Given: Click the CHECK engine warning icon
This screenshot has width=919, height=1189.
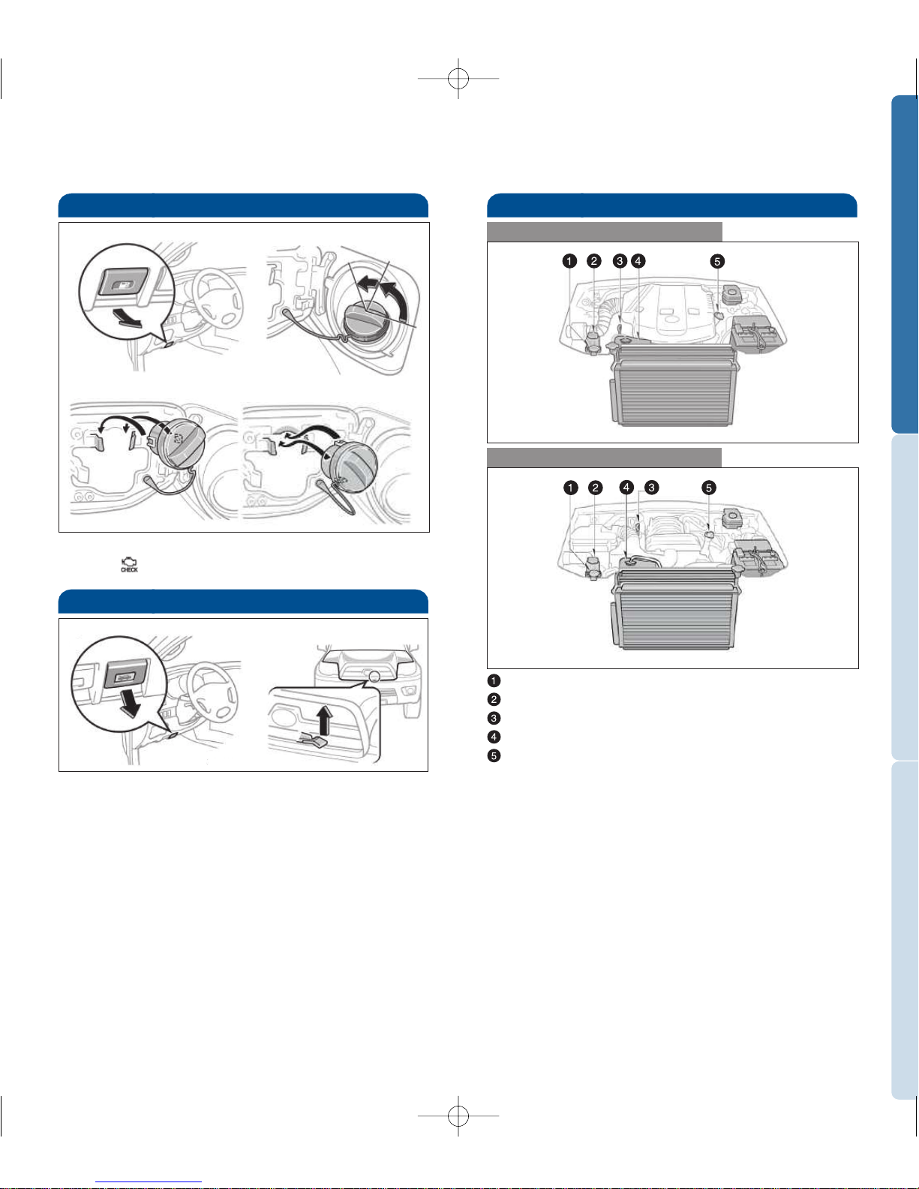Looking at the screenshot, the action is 129,565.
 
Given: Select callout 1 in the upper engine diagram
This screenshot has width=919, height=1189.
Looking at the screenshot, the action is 569,261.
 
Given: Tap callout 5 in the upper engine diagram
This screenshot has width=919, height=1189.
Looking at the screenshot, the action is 717,261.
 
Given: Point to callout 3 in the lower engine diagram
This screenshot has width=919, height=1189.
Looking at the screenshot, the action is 651,488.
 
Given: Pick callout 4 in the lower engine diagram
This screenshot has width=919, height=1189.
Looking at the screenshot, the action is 626,488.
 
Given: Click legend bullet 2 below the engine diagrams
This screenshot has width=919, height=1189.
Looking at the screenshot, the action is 494,699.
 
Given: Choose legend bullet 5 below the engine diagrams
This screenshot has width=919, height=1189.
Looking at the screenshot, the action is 494,755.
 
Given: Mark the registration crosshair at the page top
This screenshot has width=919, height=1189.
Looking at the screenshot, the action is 458,78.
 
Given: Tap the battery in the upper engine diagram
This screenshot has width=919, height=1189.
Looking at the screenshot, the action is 759,334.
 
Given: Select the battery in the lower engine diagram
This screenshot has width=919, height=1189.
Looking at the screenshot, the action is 759,557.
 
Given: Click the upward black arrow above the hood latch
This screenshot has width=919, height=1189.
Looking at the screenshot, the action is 324,719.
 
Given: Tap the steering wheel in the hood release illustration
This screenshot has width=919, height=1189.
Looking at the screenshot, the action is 212,691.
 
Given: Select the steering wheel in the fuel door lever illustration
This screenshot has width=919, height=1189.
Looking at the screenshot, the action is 220,296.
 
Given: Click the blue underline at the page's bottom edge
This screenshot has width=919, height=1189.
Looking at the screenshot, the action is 149,1183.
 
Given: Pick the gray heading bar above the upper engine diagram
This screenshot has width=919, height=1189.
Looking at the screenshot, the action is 605,232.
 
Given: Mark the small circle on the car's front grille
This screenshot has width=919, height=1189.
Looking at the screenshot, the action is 374,677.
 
